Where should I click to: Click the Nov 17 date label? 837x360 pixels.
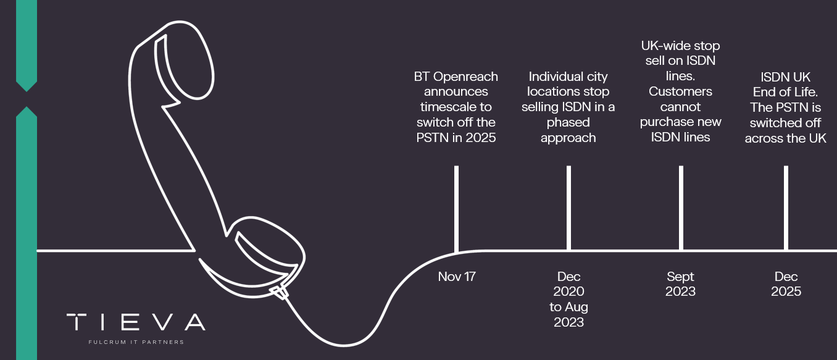tap(457, 277)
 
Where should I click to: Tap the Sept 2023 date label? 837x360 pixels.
tap(680, 283)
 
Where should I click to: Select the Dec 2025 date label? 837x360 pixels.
tap(786, 283)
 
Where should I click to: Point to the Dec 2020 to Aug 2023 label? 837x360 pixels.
tap(568, 299)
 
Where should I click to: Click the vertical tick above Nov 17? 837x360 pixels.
tap(456, 209)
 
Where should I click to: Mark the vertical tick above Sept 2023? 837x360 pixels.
tap(681, 208)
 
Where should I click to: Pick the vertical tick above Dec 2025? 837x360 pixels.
tap(786, 208)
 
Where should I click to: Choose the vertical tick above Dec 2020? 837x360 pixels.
tap(568, 208)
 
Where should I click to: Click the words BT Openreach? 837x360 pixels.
tap(456, 77)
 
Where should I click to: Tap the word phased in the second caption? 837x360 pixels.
tap(568, 123)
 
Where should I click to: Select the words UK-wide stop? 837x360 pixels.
tap(680, 46)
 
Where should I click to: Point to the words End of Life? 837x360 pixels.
tap(785, 92)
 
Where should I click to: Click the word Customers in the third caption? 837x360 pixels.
tap(680, 91)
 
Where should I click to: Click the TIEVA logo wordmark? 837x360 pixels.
tap(136, 322)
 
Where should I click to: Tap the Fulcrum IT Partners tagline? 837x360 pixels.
tap(136, 342)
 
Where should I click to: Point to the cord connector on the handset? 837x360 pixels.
tap(280, 293)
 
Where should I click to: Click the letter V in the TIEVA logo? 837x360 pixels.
tap(164, 322)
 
